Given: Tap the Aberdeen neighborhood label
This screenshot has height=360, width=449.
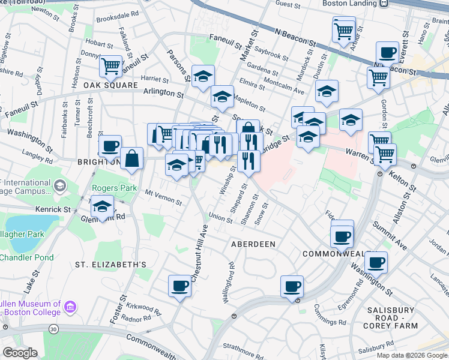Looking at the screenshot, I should point(253,244).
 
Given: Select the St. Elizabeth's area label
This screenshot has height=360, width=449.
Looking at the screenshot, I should point(110,264).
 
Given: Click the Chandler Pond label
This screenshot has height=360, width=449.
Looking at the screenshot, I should point(26,257).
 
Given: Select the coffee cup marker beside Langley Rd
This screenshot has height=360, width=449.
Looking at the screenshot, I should point(110,145).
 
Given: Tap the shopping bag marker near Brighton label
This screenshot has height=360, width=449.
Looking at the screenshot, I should point(132,158).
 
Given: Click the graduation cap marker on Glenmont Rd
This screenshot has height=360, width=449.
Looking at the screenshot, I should point(103,206).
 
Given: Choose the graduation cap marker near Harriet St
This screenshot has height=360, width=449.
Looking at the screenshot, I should point(203,76).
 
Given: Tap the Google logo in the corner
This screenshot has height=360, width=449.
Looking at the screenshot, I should point(20,352).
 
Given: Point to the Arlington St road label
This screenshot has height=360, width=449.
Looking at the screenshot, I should point(163,94).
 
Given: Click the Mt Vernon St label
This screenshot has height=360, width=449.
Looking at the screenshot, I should point(163,197).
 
